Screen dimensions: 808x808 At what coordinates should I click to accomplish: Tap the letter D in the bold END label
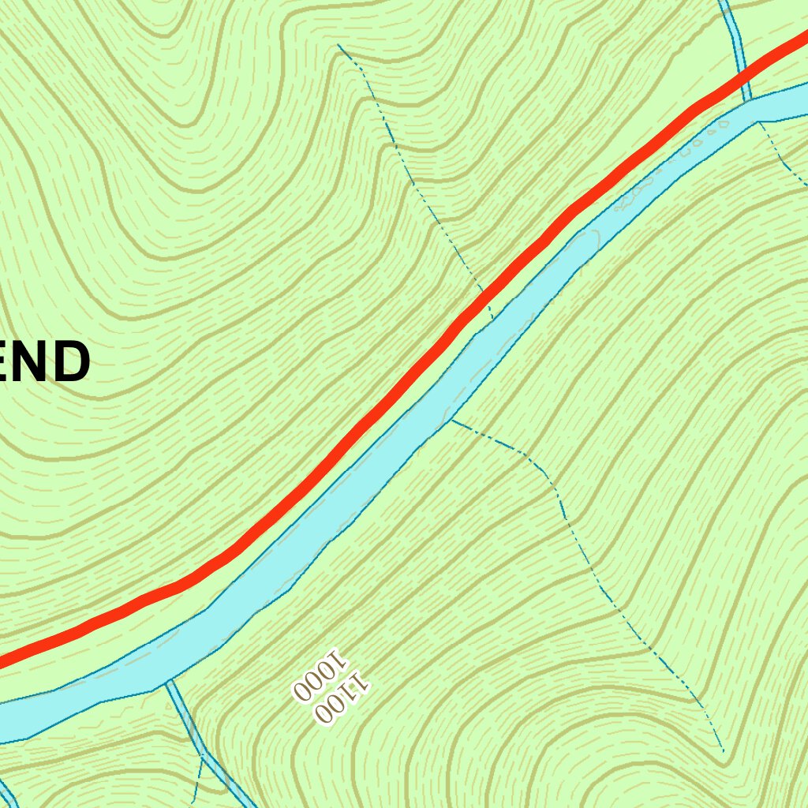pyautogui.click(x=67, y=363)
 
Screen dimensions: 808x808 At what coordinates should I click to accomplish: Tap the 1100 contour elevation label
pyautogui.click(x=342, y=696)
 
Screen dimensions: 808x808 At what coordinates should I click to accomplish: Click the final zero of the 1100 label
pyautogui.click(x=323, y=713)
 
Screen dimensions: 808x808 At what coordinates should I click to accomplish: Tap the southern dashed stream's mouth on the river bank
pyautogui.click(x=451, y=420)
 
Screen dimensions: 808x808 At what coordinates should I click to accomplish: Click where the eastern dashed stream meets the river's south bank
pyautogui.click(x=758, y=122)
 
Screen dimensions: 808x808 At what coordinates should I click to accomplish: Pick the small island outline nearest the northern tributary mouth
pyautogui.click(x=721, y=124)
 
